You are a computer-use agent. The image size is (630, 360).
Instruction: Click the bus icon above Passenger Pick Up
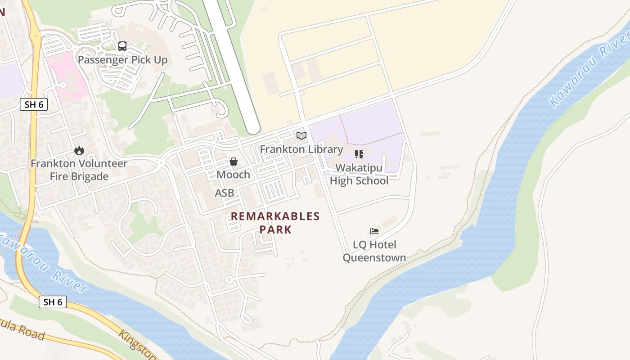pos(122,46)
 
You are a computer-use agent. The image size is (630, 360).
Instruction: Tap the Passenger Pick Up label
pos(122,60)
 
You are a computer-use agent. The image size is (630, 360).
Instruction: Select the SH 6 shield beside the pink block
pos(34,105)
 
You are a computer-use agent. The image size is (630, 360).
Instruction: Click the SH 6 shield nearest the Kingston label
pos(53,302)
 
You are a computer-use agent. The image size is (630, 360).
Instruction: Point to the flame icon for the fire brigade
pos(79,150)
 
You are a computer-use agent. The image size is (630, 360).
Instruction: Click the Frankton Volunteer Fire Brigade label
pos(79,170)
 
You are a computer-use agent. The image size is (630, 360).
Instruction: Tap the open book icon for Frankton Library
pos(301,135)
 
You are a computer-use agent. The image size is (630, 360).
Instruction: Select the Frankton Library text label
pos(301,149)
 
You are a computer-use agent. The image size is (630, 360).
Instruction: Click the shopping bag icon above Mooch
pos(234,161)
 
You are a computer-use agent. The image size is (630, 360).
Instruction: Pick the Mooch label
pos(234,175)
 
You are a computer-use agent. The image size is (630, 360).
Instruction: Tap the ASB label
pos(225,193)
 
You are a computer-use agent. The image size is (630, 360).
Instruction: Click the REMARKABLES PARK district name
pos(275,223)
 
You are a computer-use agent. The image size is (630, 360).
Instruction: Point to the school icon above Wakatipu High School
pos(359,154)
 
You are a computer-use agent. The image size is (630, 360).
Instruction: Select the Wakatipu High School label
pos(359,174)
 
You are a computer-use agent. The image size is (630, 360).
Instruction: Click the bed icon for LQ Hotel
pos(374,231)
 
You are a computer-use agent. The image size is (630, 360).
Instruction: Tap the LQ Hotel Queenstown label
pos(374,251)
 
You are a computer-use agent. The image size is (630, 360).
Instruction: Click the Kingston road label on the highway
pos(137,345)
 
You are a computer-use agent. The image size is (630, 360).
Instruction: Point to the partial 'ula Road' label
pos(22,332)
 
